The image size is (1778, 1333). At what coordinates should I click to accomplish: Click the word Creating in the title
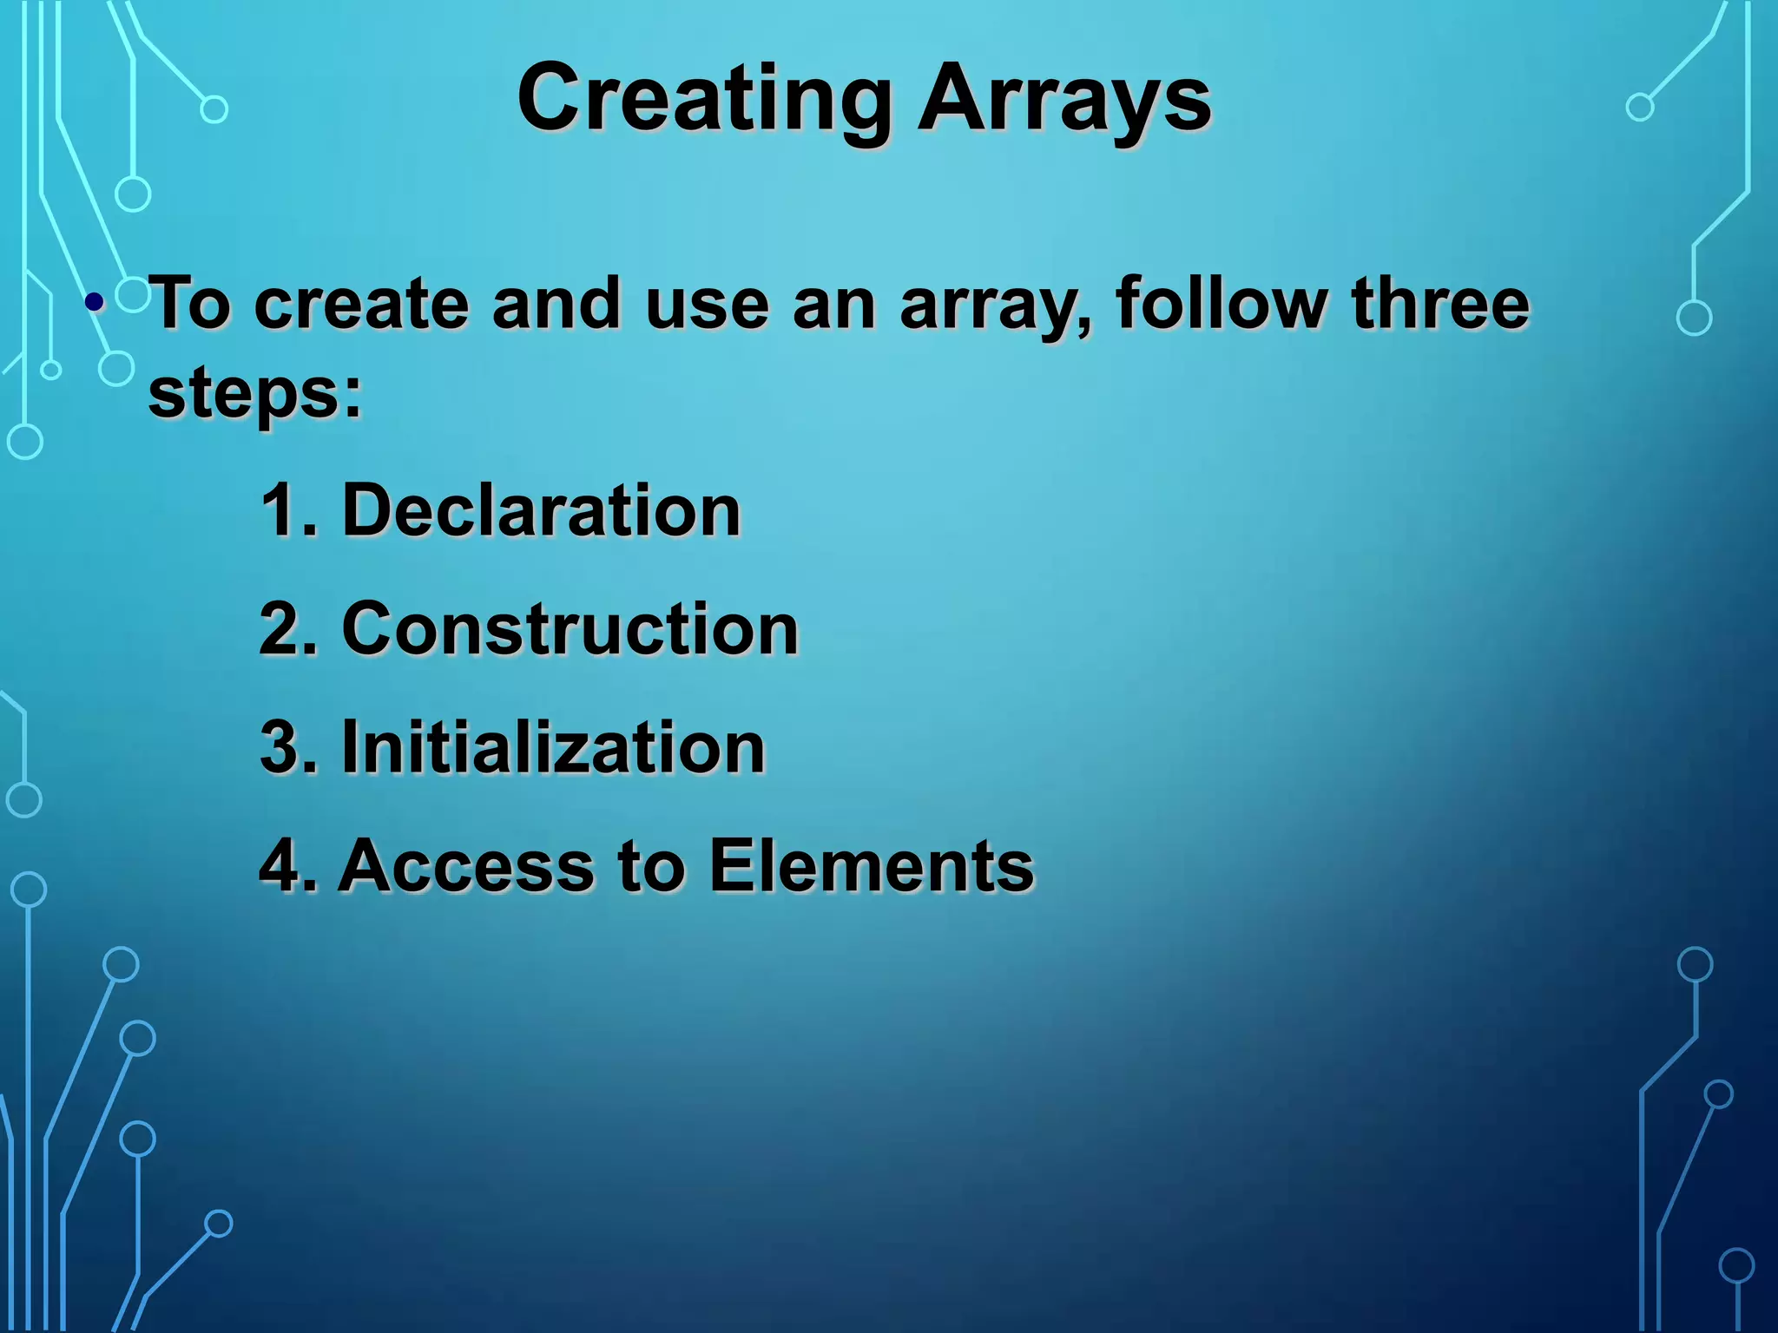tap(704, 100)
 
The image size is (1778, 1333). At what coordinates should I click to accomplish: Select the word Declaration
tap(541, 510)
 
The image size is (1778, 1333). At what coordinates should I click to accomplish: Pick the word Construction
tap(570, 629)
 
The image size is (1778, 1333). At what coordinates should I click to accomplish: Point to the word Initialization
tap(553, 747)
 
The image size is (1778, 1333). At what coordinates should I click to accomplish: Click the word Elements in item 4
tap(872, 865)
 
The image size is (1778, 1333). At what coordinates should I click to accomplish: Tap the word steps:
tap(254, 395)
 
